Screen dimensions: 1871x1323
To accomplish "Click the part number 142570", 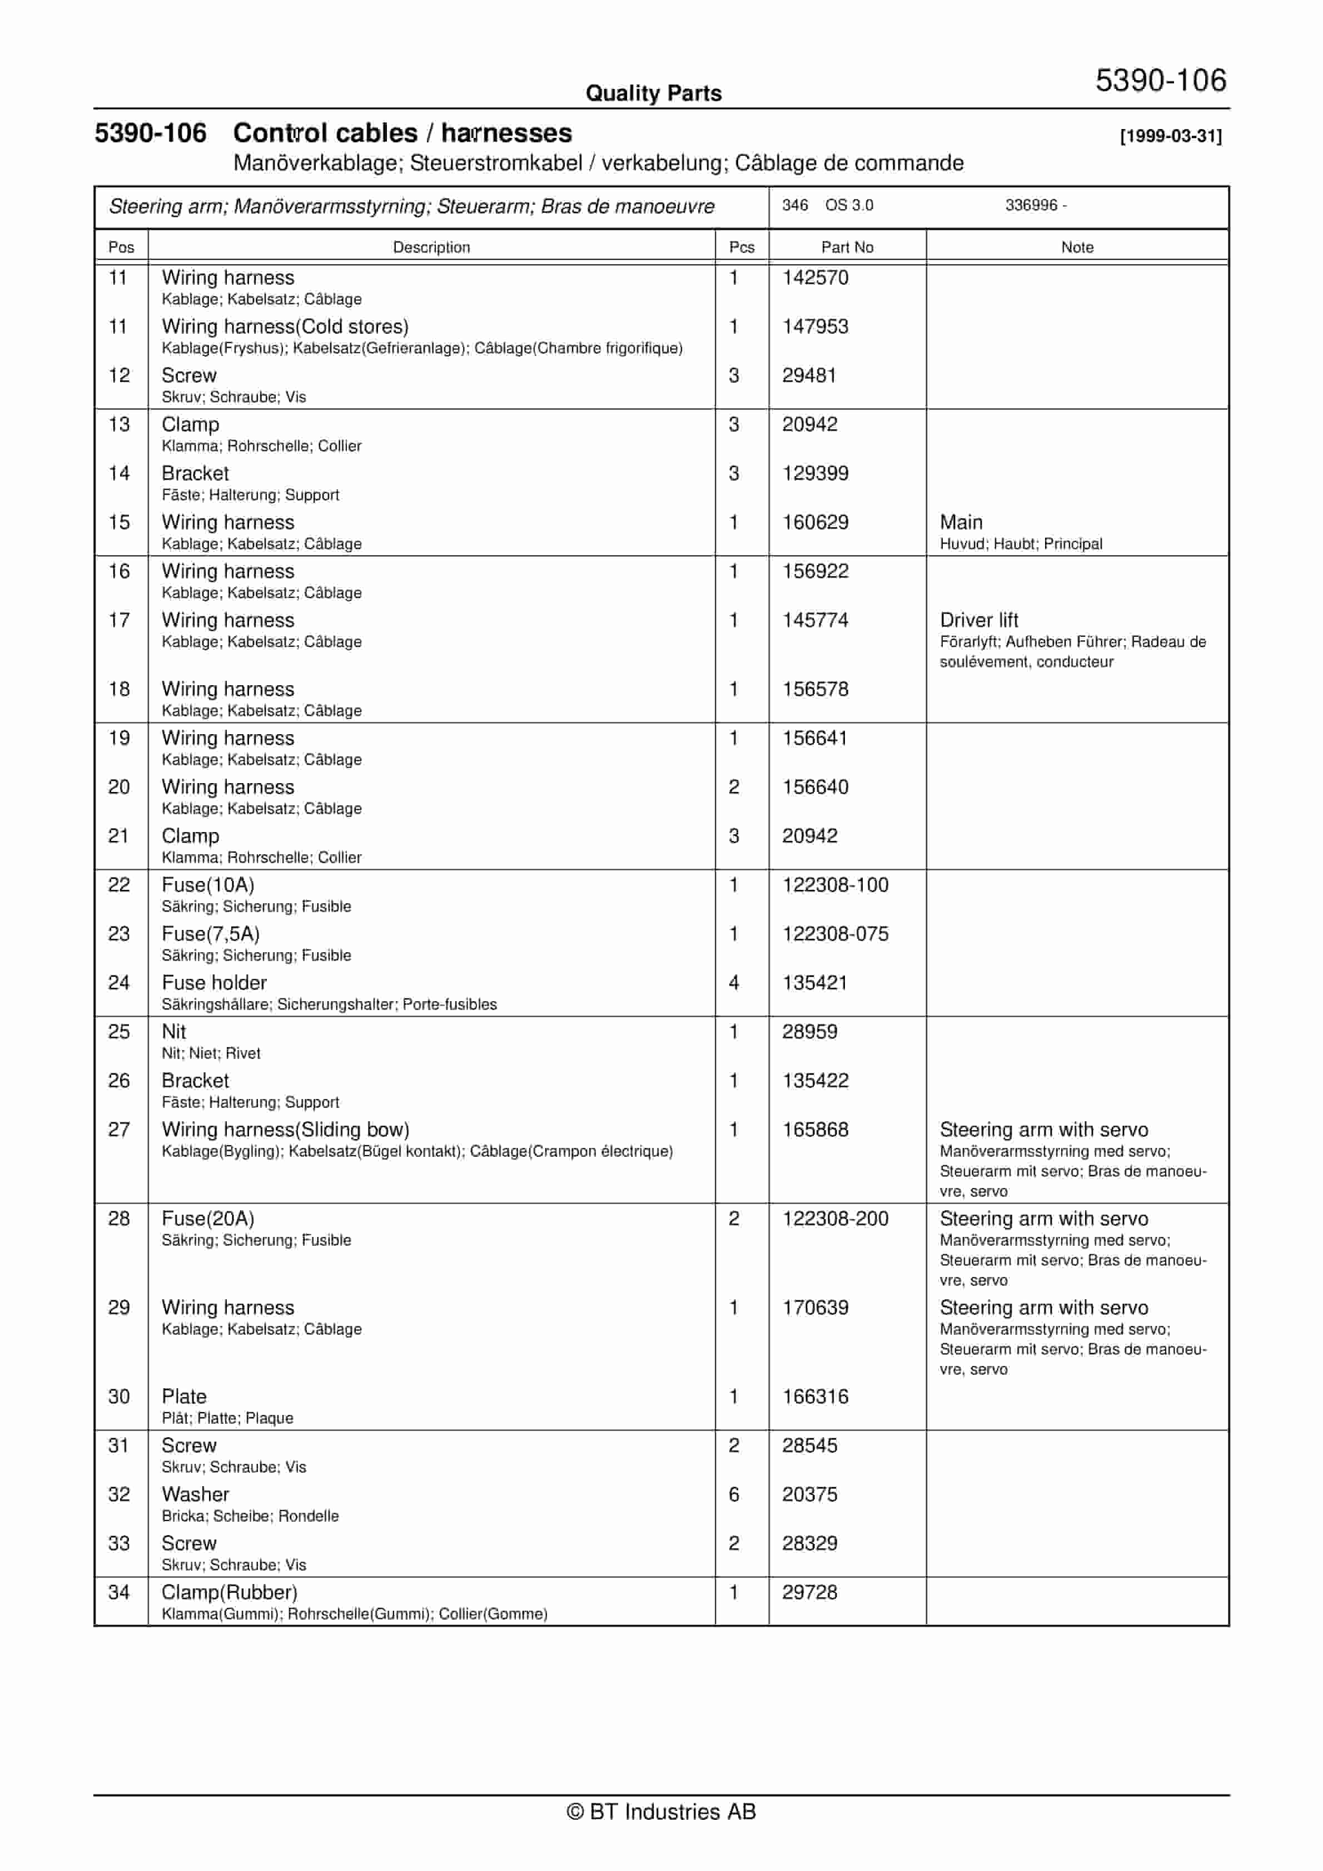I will pyautogui.click(x=815, y=278).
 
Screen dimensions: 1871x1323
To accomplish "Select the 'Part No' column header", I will pyautogui.click(x=847, y=247).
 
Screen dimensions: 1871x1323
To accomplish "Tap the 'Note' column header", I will pyautogui.click(x=1076, y=247).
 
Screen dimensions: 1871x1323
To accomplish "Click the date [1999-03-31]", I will pyautogui.click(x=1171, y=136).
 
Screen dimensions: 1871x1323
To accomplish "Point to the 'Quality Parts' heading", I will pyautogui.click(x=653, y=93).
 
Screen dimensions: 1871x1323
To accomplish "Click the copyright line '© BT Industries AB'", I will pyautogui.click(x=661, y=1811).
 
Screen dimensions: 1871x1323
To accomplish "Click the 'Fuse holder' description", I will pyautogui.click(x=214, y=983).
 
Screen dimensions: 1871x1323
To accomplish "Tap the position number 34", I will pyautogui.click(x=119, y=1592).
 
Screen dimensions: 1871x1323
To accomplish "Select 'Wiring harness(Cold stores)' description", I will pyautogui.click(x=285, y=327).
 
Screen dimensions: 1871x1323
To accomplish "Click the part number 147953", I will pyautogui.click(x=815, y=327).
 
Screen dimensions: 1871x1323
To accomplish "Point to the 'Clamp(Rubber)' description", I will pyautogui.click(x=229, y=1592).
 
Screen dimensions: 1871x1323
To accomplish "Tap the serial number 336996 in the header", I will pyautogui.click(x=1031, y=205).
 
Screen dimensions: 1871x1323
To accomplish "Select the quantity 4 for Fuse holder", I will pyautogui.click(x=733, y=983).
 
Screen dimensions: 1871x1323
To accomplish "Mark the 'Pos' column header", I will pyautogui.click(x=121, y=247).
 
